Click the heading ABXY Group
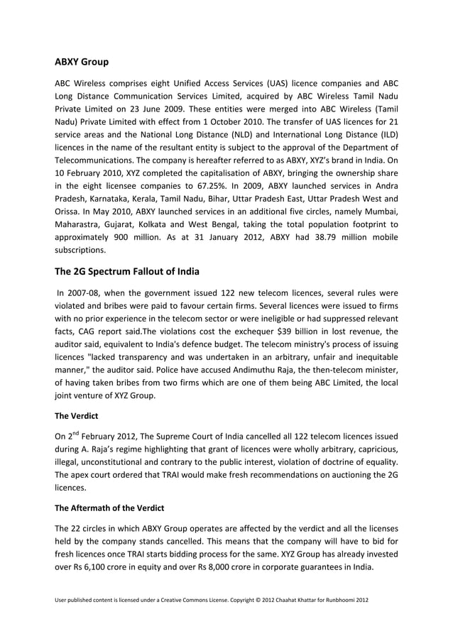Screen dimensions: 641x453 coord(82,62)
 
